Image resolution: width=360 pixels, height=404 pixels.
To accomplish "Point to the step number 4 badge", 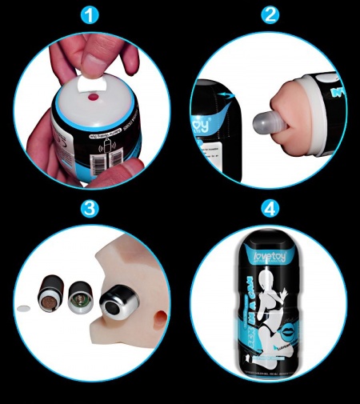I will tap(270, 210).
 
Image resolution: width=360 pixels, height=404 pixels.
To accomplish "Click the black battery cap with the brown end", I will tap(48, 294).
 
